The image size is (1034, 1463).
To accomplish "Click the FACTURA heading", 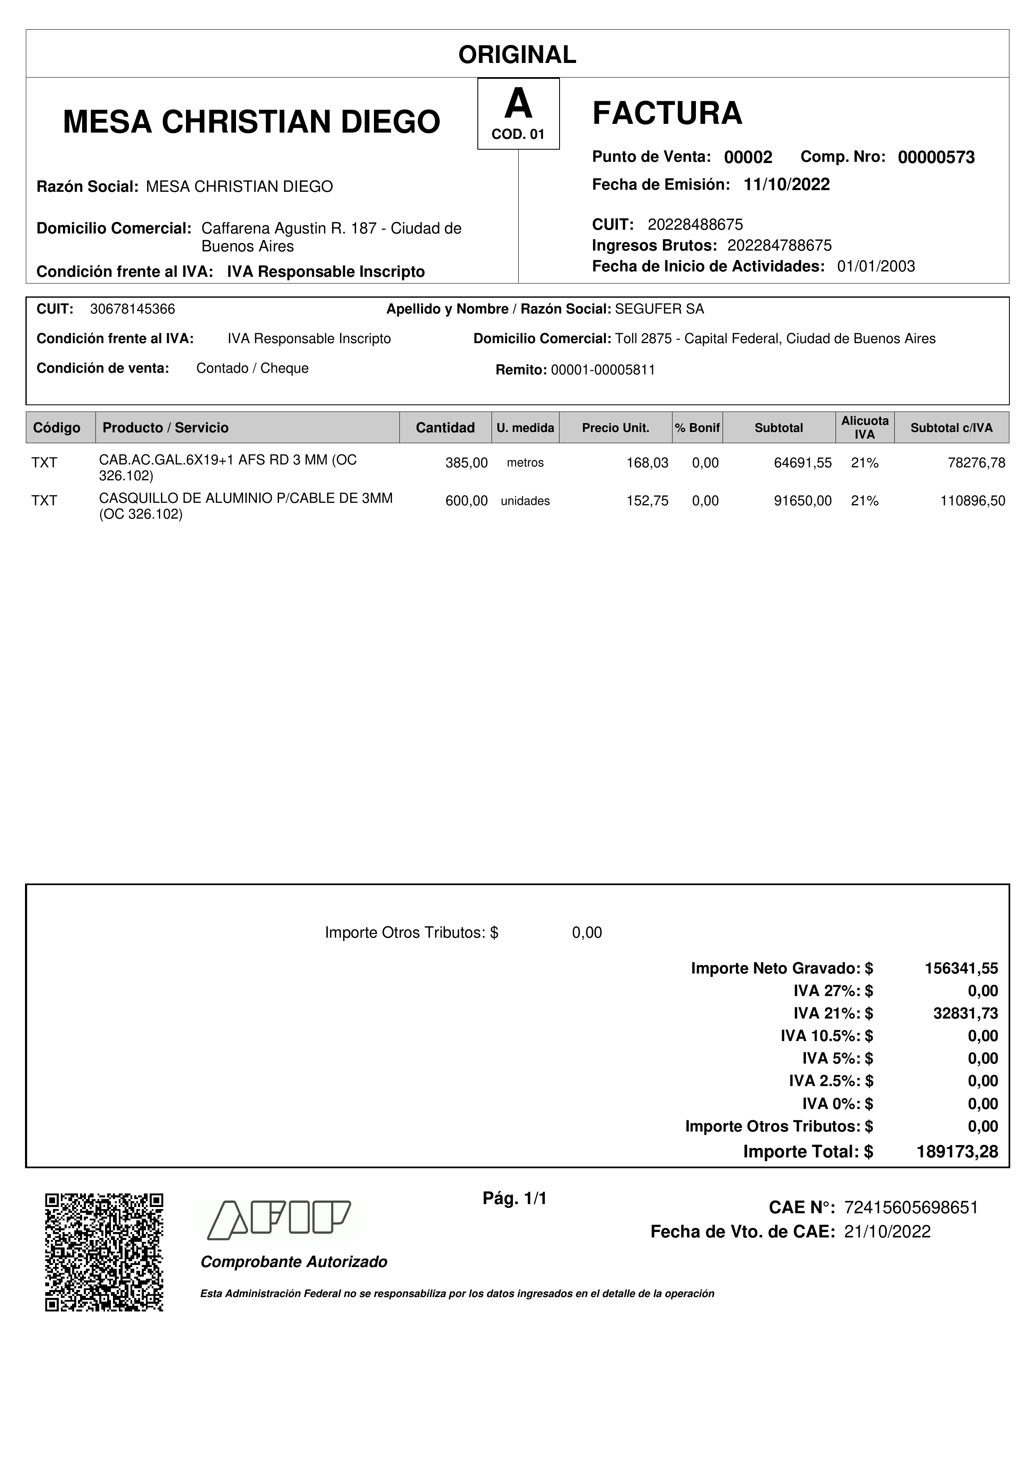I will (x=667, y=113).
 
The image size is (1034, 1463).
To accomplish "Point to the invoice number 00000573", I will (x=936, y=157).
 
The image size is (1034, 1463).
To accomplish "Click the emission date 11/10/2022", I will (x=786, y=185).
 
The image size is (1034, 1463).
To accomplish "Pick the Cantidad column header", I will (x=445, y=427).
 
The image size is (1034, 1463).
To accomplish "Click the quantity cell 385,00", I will (x=467, y=463).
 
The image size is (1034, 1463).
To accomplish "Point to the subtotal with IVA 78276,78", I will (x=976, y=463).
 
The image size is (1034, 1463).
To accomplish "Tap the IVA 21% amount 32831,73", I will (x=965, y=1013).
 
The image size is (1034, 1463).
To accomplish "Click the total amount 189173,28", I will (x=957, y=1152).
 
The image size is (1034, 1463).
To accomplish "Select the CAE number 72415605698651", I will (x=911, y=1207).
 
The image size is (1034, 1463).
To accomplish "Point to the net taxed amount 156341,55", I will (x=961, y=969).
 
